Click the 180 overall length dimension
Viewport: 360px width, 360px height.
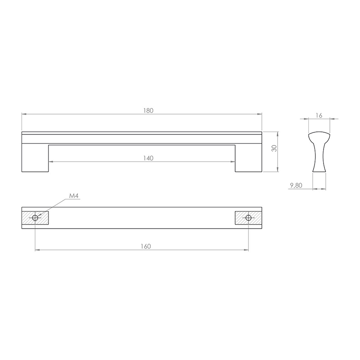(148, 111)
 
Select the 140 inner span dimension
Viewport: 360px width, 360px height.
(148, 158)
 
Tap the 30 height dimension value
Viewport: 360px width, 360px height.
(274, 148)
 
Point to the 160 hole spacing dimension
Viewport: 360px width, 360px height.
(146, 246)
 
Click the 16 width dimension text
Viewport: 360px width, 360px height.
(319, 115)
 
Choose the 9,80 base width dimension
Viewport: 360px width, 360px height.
(296, 185)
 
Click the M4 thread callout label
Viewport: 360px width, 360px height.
(74, 196)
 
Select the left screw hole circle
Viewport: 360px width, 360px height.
(35, 218)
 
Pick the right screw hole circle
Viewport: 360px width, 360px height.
(248, 218)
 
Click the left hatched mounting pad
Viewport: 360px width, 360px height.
(35, 218)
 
